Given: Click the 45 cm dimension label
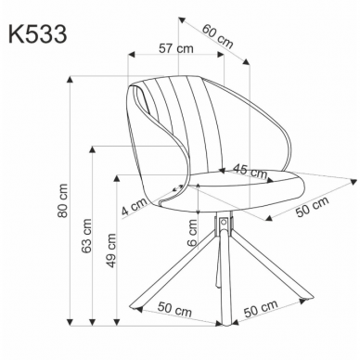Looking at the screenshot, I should coord(246,171).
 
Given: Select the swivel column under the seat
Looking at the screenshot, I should coord(223,225).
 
